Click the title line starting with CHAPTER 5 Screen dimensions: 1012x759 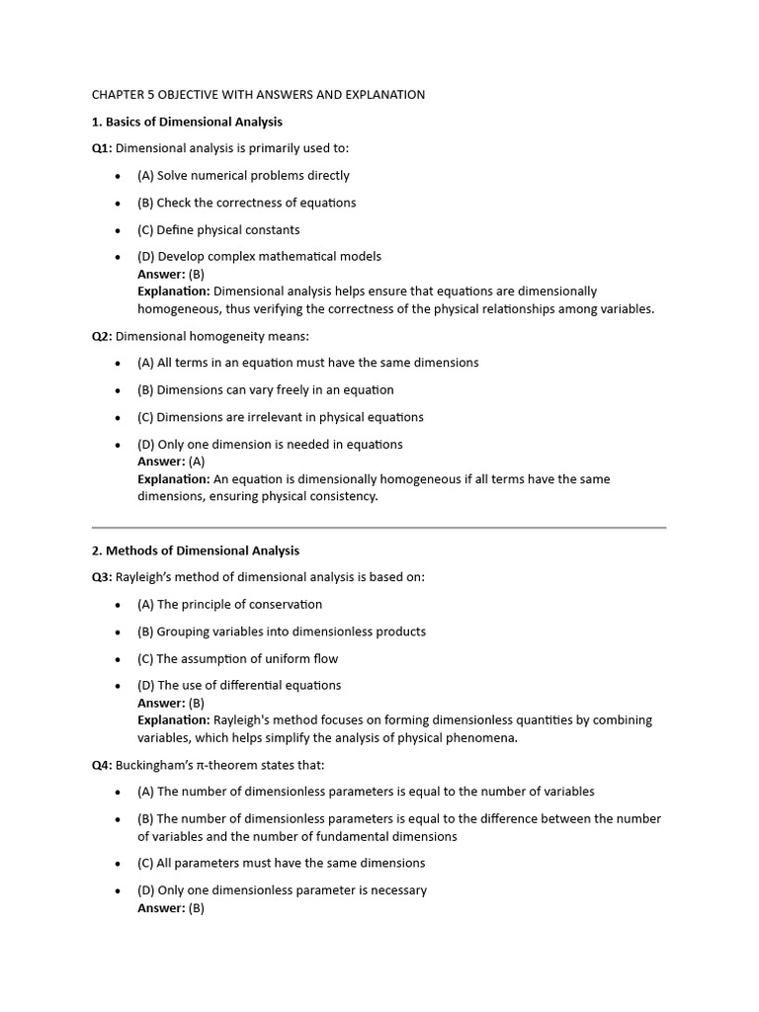(x=258, y=95)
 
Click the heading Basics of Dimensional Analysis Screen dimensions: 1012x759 (x=187, y=122)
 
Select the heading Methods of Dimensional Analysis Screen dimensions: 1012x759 (x=196, y=550)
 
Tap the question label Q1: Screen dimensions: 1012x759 (x=102, y=148)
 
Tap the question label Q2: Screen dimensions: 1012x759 (x=102, y=336)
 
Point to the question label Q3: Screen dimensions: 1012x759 (x=102, y=577)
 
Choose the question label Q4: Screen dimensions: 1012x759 (x=102, y=765)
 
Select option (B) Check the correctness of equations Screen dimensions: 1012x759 (x=246, y=203)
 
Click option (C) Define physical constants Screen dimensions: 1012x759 (x=218, y=229)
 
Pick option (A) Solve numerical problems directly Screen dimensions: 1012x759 (x=243, y=175)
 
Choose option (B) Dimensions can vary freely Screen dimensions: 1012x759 (x=265, y=389)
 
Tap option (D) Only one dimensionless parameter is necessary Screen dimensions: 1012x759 (x=282, y=889)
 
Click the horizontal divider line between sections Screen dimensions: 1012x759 (x=379, y=528)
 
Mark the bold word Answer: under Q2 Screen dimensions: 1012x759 (x=161, y=462)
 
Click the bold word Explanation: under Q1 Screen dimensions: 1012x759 (x=173, y=292)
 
